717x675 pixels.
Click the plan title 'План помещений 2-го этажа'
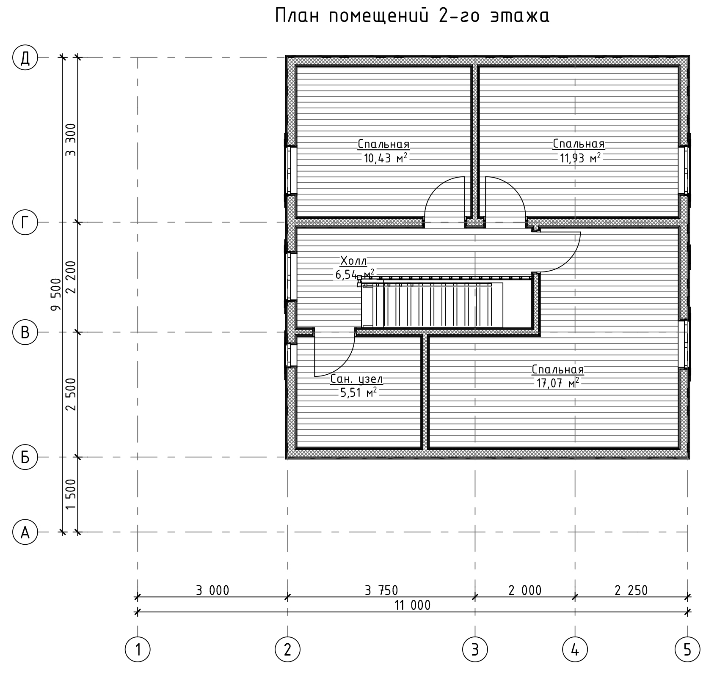coord(412,16)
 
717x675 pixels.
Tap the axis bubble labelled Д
coord(25,58)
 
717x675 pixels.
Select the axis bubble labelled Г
coord(25,222)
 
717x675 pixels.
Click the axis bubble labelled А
coord(25,532)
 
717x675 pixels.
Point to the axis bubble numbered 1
coord(138,649)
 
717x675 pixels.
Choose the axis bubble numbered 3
coord(475,649)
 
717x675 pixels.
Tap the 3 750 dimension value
coord(381,590)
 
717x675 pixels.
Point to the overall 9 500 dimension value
coord(55,295)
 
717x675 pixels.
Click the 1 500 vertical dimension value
coord(71,494)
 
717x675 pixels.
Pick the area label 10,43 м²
coord(385,158)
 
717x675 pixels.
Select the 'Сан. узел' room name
coord(356,379)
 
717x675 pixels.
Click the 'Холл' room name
coord(353,260)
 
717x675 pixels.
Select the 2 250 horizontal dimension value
coord(631,590)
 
